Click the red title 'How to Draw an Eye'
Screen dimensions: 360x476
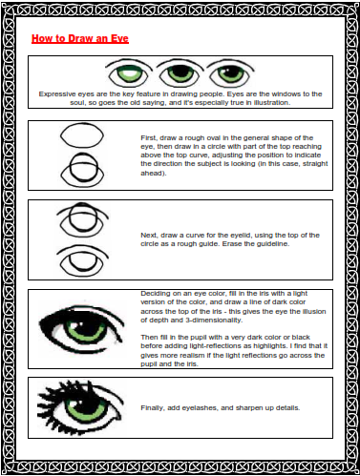(80, 38)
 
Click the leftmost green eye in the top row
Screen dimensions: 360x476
(127, 73)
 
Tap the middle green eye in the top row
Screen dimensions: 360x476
(180, 73)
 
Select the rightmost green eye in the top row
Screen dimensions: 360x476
(230, 73)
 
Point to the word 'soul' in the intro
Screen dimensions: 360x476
(77, 103)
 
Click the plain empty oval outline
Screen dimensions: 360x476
(82, 135)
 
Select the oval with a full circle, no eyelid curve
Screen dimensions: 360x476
(82, 170)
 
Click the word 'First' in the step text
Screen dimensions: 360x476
(149, 138)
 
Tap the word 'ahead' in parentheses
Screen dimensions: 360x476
(152, 174)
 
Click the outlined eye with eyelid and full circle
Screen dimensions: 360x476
(82, 219)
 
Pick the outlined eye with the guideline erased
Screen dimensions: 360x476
(82, 260)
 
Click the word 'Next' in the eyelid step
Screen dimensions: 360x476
(149, 236)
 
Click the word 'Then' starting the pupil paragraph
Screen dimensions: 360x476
(148, 337)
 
